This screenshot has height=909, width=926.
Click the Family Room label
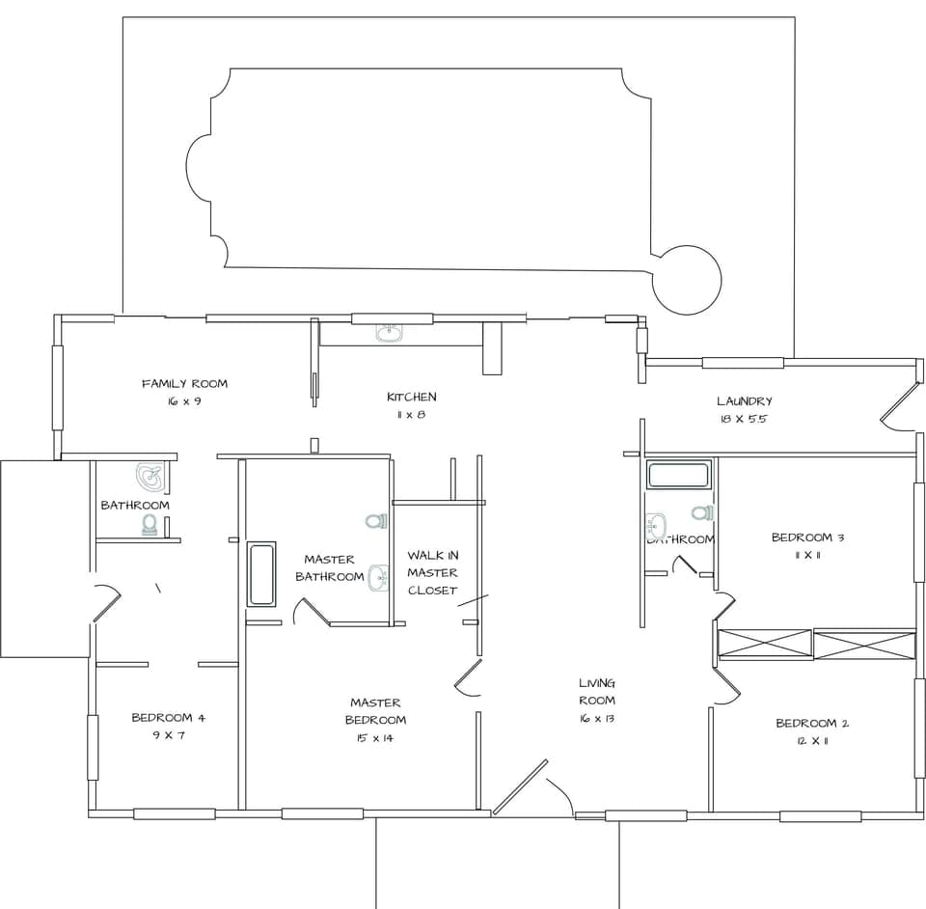184,384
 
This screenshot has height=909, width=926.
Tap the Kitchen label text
412,397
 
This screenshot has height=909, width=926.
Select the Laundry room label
744,401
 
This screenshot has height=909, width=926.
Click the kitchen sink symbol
389,334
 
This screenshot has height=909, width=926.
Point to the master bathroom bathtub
261,574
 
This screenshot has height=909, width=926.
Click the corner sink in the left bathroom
150,476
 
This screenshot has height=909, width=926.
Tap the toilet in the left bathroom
150,524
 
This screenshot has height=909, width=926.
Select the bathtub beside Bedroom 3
679,475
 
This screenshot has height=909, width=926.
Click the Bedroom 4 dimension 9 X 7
168,735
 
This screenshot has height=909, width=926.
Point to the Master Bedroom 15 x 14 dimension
375,738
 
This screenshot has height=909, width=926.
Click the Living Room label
597,692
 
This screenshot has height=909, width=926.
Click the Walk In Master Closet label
432,572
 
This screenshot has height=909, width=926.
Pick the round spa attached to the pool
687,279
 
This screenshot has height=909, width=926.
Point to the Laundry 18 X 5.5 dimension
744,420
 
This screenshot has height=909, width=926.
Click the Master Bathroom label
329,568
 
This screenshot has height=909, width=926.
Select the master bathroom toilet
375,521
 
